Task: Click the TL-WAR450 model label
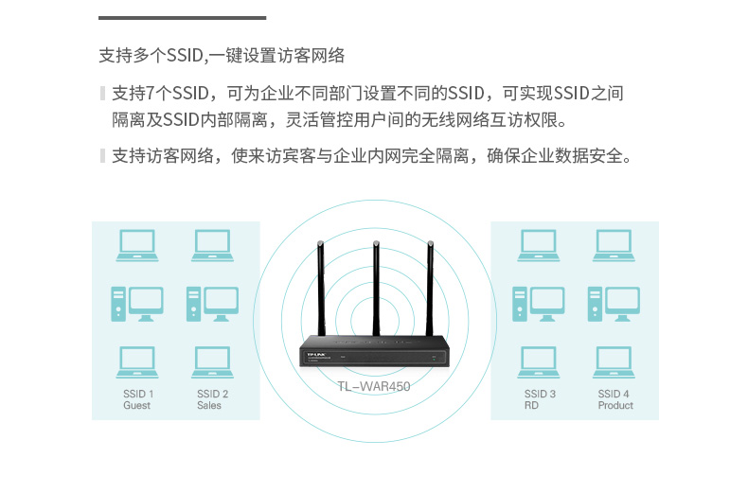click(374, 386)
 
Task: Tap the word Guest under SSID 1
click(136, 406)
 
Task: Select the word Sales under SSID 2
click(209, 406)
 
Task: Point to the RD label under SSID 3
click(531, 406)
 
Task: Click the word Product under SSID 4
click(614, 406)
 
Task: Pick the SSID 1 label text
click(138, 394)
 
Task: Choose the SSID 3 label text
click(540, 394)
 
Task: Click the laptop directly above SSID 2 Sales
click(213, 362)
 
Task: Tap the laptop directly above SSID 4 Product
click(614, 362)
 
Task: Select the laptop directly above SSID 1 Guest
click(137, 362)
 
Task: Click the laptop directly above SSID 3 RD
click(539, 362)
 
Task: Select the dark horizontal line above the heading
click(182, 18)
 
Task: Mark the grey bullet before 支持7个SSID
click(102, 93)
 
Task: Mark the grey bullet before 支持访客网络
click(102, 155)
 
